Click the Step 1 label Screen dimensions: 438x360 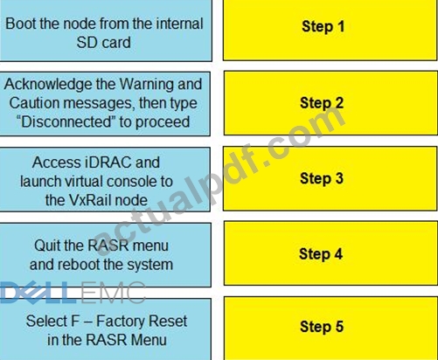(323, 26)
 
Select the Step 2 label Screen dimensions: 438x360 (322, 103)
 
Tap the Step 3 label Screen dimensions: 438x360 (322, 178)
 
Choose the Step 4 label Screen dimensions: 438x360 (321, 253)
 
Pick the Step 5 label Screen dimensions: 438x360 (322, 326)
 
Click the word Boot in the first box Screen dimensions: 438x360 (20, 24)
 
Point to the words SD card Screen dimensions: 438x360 (103, 43)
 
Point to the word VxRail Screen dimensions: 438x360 (90, 200)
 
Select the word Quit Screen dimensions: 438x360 (47, 246)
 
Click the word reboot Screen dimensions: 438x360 (79, 265)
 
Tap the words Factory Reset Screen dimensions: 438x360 (142, 321)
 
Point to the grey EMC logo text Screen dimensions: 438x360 (113, 293)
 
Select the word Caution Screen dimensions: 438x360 (34, 103)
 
